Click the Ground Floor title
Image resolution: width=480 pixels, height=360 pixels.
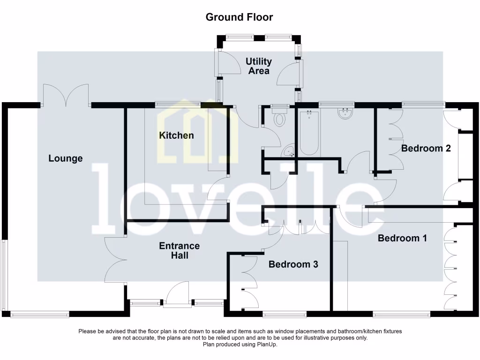[239, 17]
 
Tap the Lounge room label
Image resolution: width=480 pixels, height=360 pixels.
[66, 158]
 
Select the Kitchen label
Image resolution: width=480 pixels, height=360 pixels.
[176, 135]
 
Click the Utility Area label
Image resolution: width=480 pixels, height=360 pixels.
[259, 66]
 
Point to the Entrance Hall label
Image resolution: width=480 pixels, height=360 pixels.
[179, 250]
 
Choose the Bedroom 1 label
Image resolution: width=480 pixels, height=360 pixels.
[402, 238]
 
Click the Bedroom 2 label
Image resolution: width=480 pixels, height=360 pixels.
[426, 149]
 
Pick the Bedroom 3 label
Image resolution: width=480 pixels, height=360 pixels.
[293, 264]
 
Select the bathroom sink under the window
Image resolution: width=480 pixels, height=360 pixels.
[345, 113]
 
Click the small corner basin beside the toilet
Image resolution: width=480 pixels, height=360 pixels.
[289, 151]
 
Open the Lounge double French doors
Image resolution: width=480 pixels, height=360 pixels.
[66, 96]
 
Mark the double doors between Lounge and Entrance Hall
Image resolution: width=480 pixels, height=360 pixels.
[114, 259]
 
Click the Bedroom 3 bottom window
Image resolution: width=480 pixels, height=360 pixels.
[284, 315]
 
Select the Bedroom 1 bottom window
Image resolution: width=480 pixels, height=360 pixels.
[401, 315]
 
